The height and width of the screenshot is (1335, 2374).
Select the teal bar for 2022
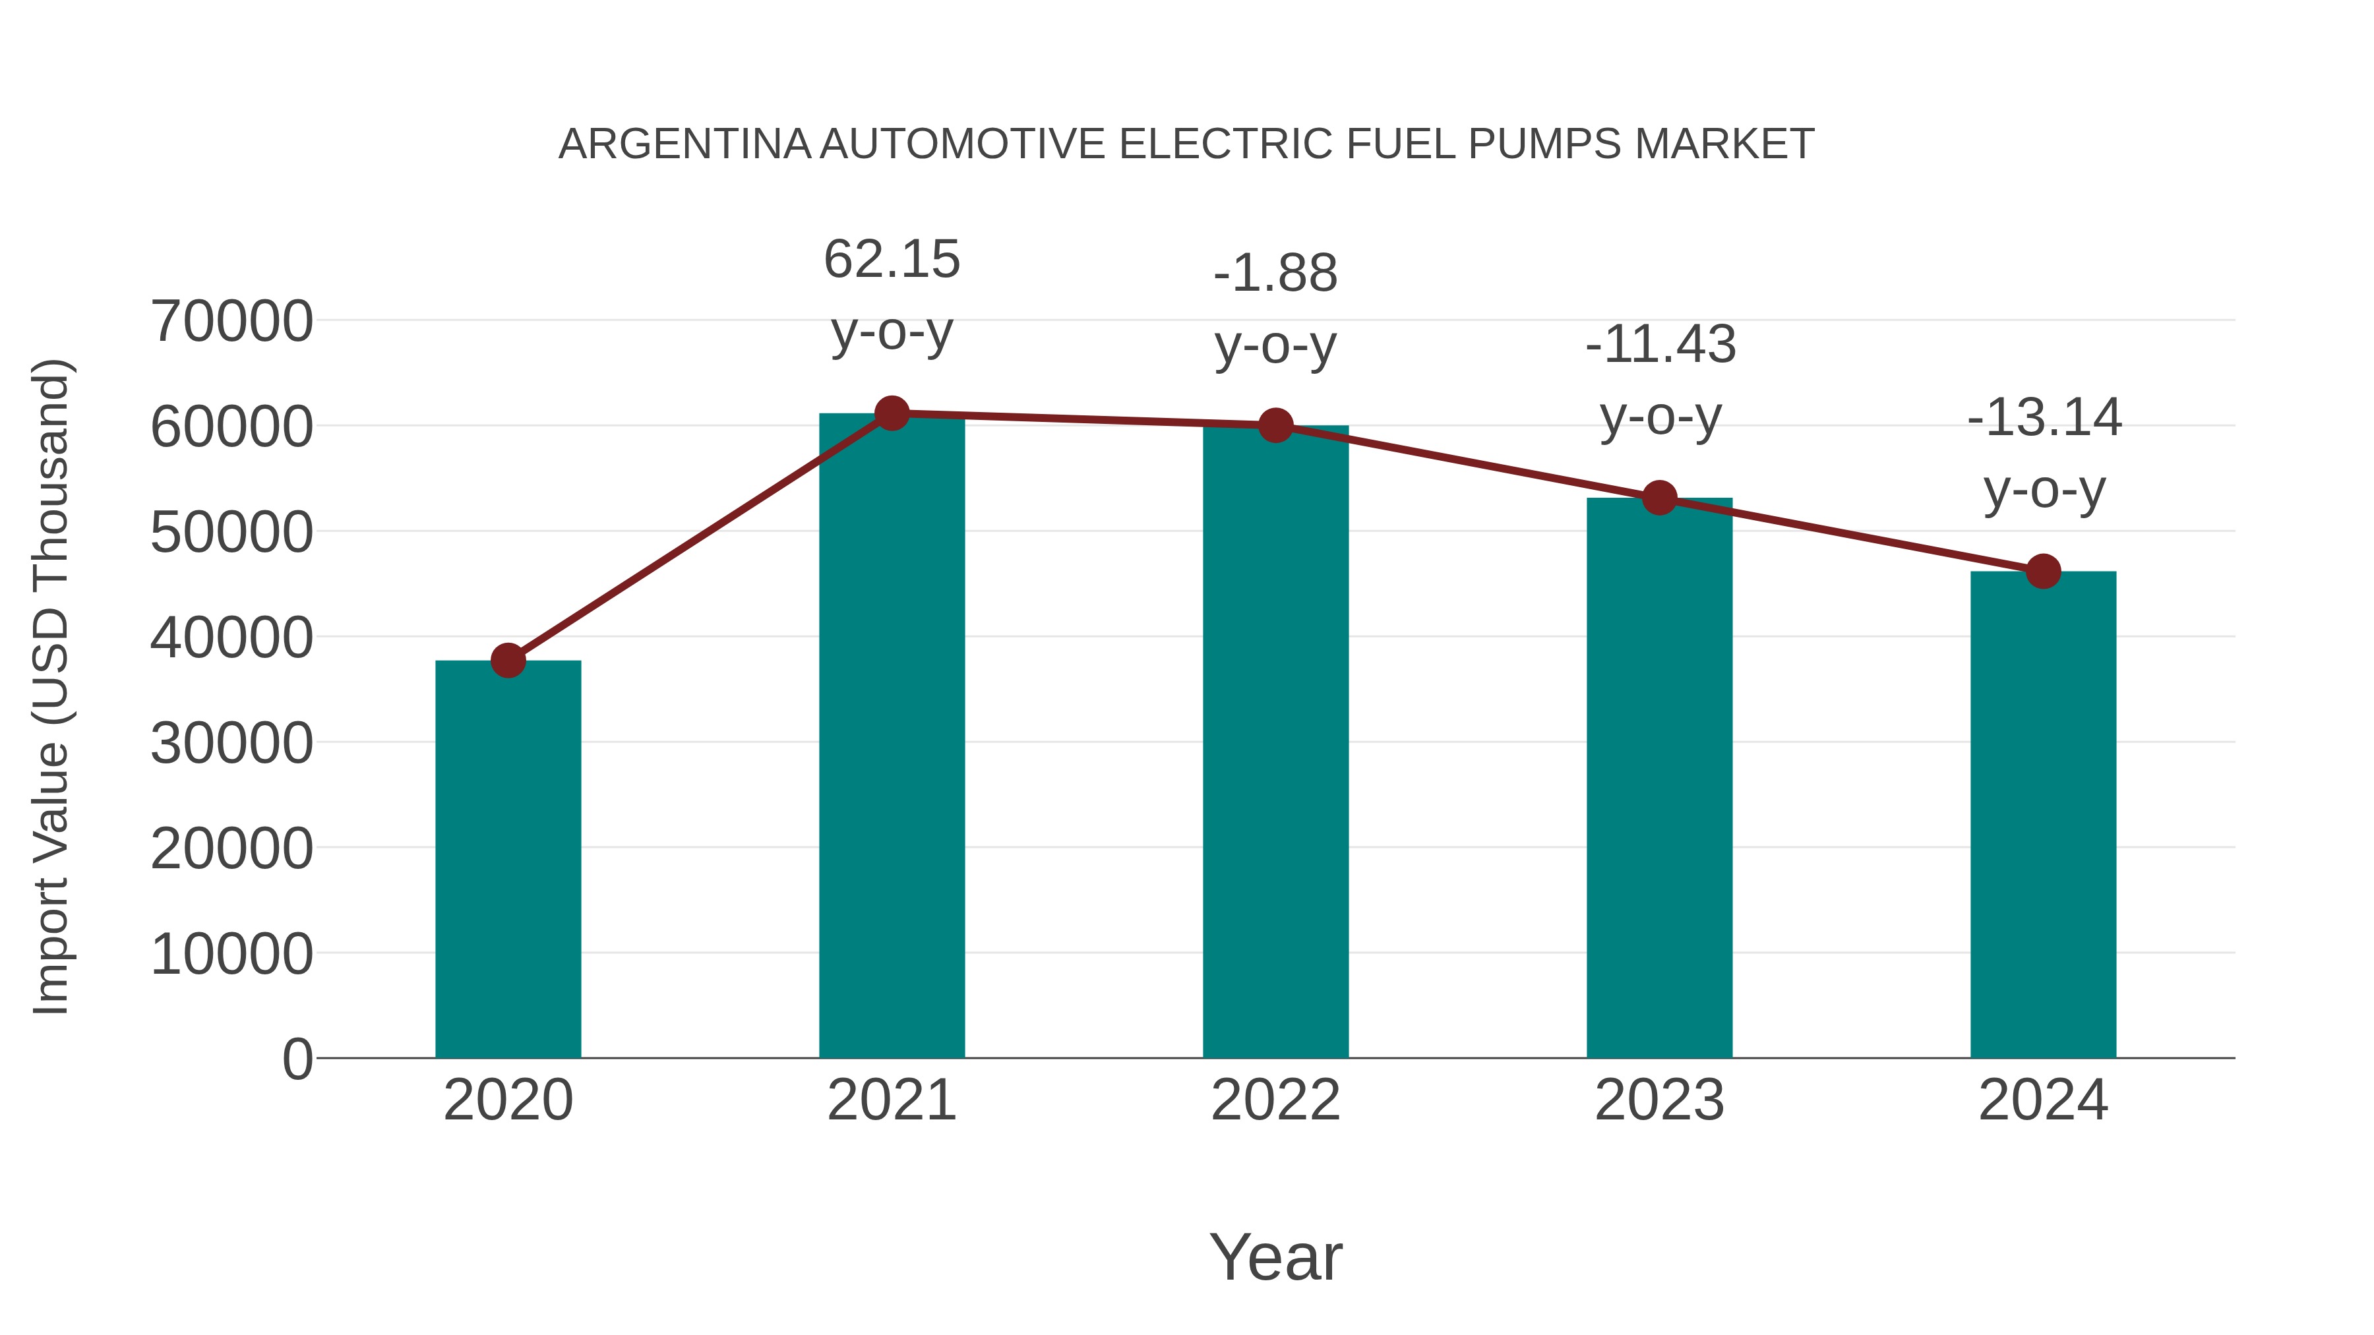click(x=1275, y=742)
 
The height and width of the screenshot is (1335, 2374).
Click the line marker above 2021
click(x=892, y=413)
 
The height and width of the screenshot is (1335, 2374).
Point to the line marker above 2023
click(x=1660, y=498)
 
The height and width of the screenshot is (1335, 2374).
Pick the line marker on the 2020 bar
click(x=508, y=661)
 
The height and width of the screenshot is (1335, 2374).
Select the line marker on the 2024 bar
click(x=2043, y=571)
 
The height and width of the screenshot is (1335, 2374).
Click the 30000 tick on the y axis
click(x=231, y=744)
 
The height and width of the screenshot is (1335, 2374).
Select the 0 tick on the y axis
click(x=297, y=1059)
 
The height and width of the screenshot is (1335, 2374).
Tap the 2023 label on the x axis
click(x=1660, y=1100)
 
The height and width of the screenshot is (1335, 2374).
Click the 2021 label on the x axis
click(x=892, y=1100)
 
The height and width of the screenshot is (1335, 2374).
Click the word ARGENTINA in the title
click(x=684, y=144)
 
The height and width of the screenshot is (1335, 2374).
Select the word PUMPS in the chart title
click(x=1544, y=144)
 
